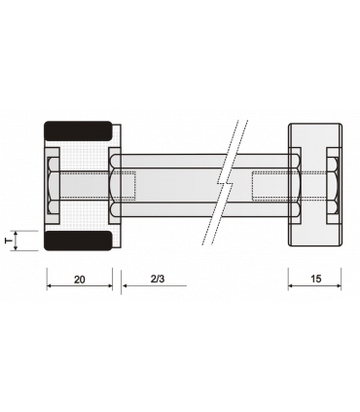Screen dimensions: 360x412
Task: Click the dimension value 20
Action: (x=80, y=280)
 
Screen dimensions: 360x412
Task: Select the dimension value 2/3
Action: (x=158, y=279)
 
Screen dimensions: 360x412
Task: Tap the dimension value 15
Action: (x=315, y=279)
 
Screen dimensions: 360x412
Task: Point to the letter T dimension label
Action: (x=9, y=241)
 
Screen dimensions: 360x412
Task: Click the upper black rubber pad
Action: (x=78, y=131)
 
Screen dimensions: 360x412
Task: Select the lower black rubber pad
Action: (x=78, y=241)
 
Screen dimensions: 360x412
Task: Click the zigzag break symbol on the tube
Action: (x=225, y=182)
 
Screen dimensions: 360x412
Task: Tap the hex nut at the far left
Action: (x=54, y=185)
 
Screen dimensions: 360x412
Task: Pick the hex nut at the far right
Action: (x=333, y=185)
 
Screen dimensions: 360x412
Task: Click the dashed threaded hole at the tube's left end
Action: (x=128, y=185)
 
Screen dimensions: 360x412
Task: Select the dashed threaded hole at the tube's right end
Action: (x=270, y=185)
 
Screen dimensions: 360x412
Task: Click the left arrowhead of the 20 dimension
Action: (x=49, y=285)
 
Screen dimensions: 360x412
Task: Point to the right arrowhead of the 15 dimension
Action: (x=339, y=285)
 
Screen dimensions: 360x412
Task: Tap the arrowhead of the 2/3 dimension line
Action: (x=124, y=285)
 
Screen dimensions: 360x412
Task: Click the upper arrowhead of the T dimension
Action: (x=16, y=234)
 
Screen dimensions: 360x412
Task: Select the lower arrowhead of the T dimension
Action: (x=16, y=248)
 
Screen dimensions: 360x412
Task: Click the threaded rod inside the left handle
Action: (x=85, y=185)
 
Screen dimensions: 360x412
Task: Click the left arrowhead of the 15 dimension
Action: (x=291, y=285)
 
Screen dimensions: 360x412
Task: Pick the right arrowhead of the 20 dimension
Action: (x=110, y=285)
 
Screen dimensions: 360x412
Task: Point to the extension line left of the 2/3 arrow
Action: (x=122, y=281)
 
